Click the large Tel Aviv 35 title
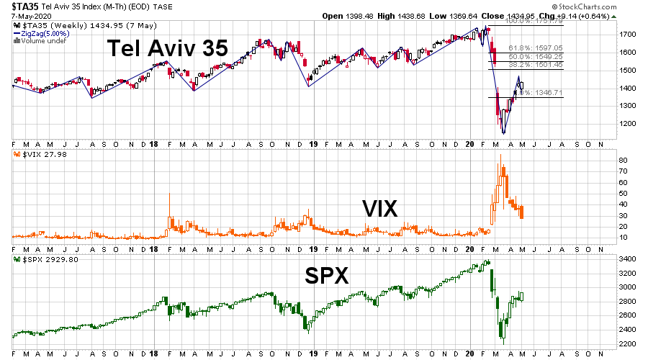tap(167, 48)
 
